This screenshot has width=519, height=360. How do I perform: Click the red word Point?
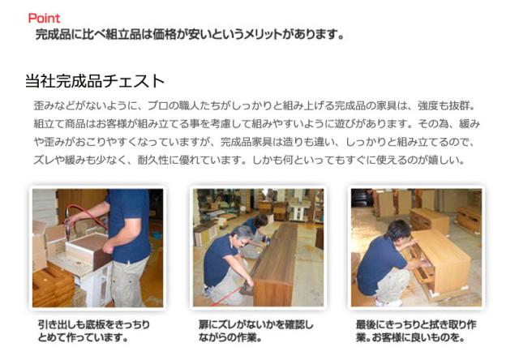pyautogui.click(x=44, y=18)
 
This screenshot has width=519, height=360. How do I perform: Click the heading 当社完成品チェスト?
pyautogui.click(x=95, y=81)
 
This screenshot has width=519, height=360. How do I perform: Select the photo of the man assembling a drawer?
pyautogui.click(x=97, y=248)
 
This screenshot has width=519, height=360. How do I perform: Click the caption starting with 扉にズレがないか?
pyautogui.click(x=255, y=331)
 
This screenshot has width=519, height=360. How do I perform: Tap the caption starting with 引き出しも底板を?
pyautogui.click(x=94, y=331)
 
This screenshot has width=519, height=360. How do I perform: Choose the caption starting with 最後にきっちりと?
pyautogui.click(x=416, y=331)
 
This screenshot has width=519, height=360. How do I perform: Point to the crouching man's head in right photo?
pyautogui.click(x=399, y=230)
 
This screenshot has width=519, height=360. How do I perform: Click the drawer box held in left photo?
pyautogui.click(x=88, y=250)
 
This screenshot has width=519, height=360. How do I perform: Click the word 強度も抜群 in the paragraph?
pyautogui.click(x=444, y=106)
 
